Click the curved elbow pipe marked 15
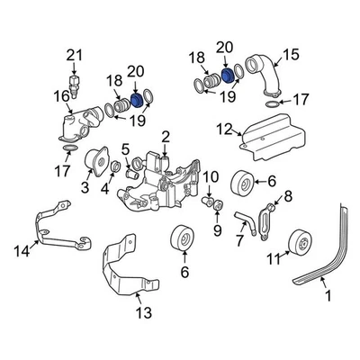pyautogui.click(x=270, y=83)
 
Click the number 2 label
pyautogui.click(x=165, y=136)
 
